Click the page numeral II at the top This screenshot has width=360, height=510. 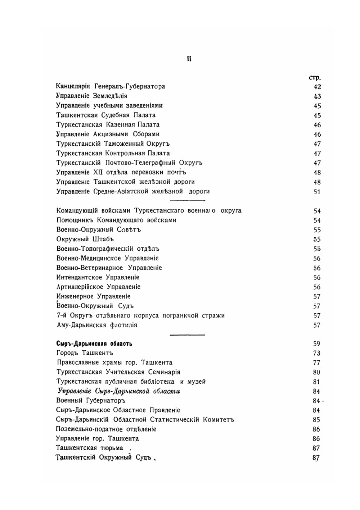coord(189,59)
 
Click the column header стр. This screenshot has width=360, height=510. coord(315,77)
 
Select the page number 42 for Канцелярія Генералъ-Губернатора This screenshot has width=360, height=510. coord(317,87)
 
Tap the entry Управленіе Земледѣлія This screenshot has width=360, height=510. coord(91,96)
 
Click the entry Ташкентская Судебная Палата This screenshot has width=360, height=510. coord(106,115)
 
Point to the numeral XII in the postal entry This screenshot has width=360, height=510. coord(98,172)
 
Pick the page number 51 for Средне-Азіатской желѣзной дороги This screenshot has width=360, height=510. coord(317,192)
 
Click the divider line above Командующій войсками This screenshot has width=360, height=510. coord(187,200)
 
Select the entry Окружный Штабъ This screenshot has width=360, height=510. coord(85,239)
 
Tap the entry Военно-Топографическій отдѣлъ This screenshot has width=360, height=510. coord(108,249)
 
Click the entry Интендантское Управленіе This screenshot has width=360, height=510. coord(98,277)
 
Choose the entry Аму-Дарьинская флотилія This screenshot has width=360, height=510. coord(97,325)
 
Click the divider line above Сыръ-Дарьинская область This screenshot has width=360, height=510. coord(187,334)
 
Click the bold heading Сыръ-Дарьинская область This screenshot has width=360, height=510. coord(94,344)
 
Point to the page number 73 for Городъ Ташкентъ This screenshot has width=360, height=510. coord(317,353)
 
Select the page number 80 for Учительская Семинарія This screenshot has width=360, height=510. coord(317,372)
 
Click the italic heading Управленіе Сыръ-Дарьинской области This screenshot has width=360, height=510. coord(119,391)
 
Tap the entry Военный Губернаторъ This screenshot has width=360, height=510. coord(91,401)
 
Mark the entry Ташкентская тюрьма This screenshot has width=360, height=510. coord(90,448)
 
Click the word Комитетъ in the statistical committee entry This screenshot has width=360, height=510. coord(219,420)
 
